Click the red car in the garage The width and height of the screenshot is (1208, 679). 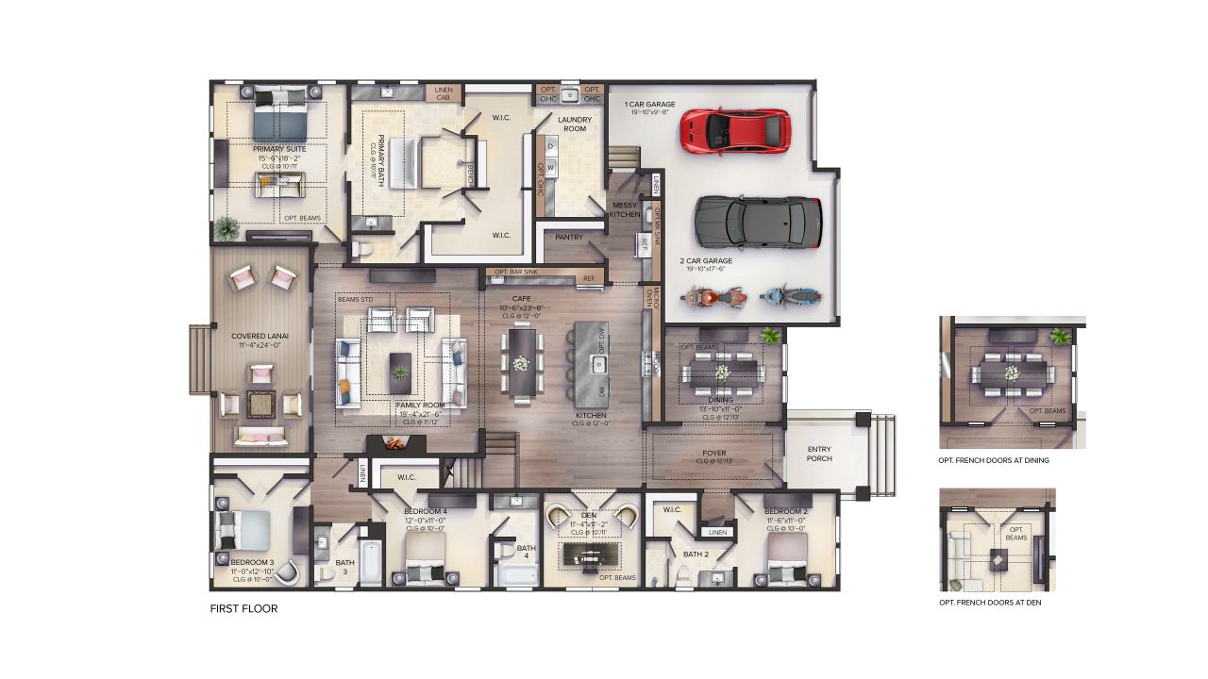[734, 130]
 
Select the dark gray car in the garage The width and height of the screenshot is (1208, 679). [757, 222]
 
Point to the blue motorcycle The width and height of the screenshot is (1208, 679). [788, 298]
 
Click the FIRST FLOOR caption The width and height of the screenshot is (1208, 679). [243, 609]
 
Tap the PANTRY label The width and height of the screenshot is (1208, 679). [569, 238]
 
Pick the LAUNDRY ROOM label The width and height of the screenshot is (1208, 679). [575, 124]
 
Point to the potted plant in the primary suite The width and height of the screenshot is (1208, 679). [226, 227]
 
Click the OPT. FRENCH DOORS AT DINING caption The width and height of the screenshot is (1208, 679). [994, 461]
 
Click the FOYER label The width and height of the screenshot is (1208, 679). [714, 455]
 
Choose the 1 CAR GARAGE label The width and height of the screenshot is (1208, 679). [650, 105]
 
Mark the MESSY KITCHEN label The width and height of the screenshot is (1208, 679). [625, 209]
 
